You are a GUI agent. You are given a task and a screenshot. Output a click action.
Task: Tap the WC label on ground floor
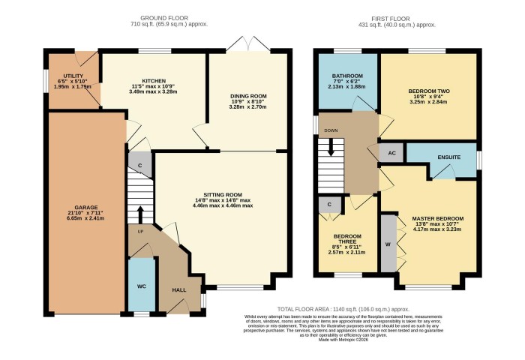point(141,286)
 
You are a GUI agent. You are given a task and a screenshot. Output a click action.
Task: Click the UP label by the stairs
point(139,231)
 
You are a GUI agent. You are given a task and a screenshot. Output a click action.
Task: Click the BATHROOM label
point(348,76)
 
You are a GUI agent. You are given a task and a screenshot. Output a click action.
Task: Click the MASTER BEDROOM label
point(438,218)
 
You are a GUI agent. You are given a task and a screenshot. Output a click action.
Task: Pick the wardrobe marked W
point(388,244)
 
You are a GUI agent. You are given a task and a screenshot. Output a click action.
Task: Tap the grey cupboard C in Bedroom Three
point(329,204)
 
